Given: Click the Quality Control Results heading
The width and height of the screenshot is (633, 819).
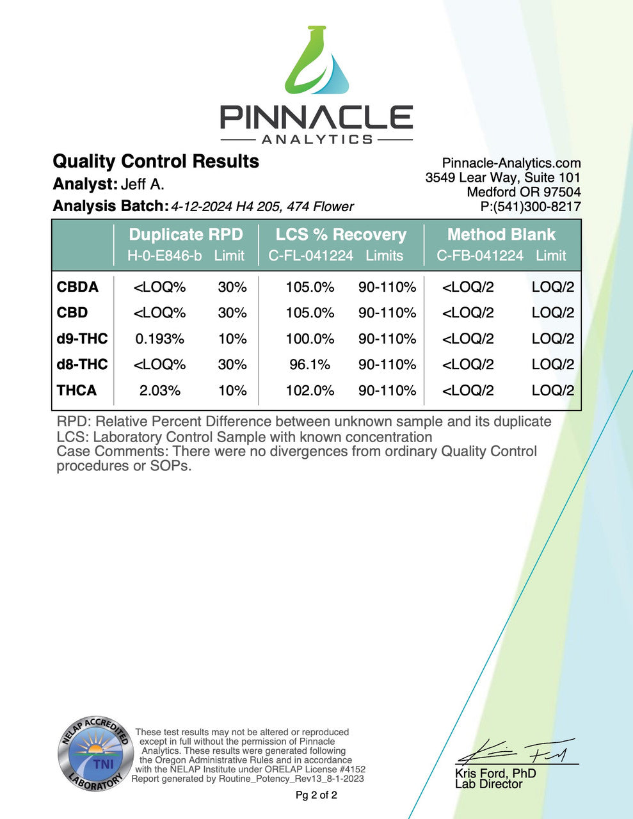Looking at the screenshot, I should click(x=156, y=161).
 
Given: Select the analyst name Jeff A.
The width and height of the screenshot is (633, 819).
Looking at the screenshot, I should click(x=142, y=184).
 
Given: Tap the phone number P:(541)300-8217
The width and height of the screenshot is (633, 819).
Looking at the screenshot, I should click(x=531, y=206).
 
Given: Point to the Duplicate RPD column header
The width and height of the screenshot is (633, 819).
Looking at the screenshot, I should click(x=186, y=234).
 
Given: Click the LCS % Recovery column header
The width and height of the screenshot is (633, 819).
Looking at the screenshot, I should click(x=341, y=234).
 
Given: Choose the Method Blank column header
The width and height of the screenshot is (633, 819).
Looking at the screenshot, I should click(x=501, y=234).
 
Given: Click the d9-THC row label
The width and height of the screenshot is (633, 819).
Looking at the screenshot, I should click(x=82, y=338).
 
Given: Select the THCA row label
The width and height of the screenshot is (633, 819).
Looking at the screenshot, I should click(x=77, y=390).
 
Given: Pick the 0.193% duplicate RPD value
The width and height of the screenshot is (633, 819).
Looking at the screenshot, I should click(x=159, y=338).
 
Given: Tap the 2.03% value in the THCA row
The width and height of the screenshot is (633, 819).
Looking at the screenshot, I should click(x=159, y=390).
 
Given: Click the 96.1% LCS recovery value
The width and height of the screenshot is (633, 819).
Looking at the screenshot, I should click(x=310, y=365).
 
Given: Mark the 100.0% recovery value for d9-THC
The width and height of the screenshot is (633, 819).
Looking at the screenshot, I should click(x=310, y=338).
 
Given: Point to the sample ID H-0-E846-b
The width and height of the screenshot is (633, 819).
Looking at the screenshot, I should click(x=164, y=256).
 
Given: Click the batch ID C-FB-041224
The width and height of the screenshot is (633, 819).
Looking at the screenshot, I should click(x=480, y=256).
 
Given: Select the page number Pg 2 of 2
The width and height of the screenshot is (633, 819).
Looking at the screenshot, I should click(x=316, y=795).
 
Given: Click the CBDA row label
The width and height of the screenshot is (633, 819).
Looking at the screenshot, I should click(x=77, y=287).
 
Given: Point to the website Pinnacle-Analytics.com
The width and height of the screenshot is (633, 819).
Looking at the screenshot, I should click(x=511, y=163).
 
